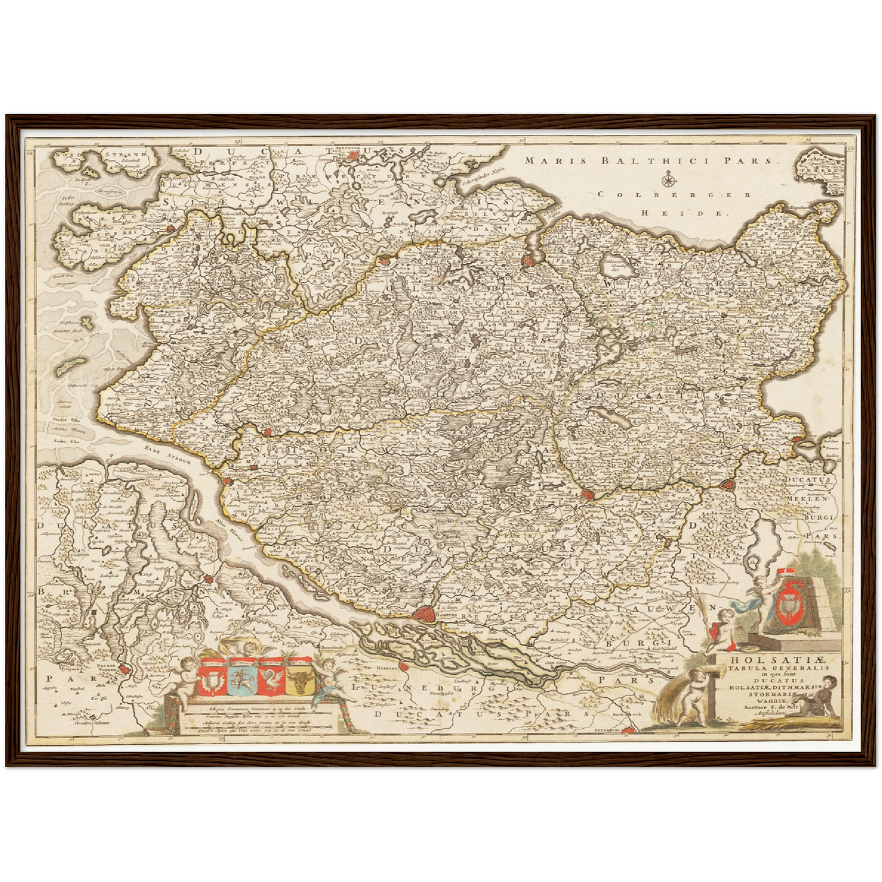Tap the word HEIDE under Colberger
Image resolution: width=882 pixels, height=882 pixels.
(x=685, y=214)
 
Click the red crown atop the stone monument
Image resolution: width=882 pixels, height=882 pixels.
(x=788, y=571)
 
